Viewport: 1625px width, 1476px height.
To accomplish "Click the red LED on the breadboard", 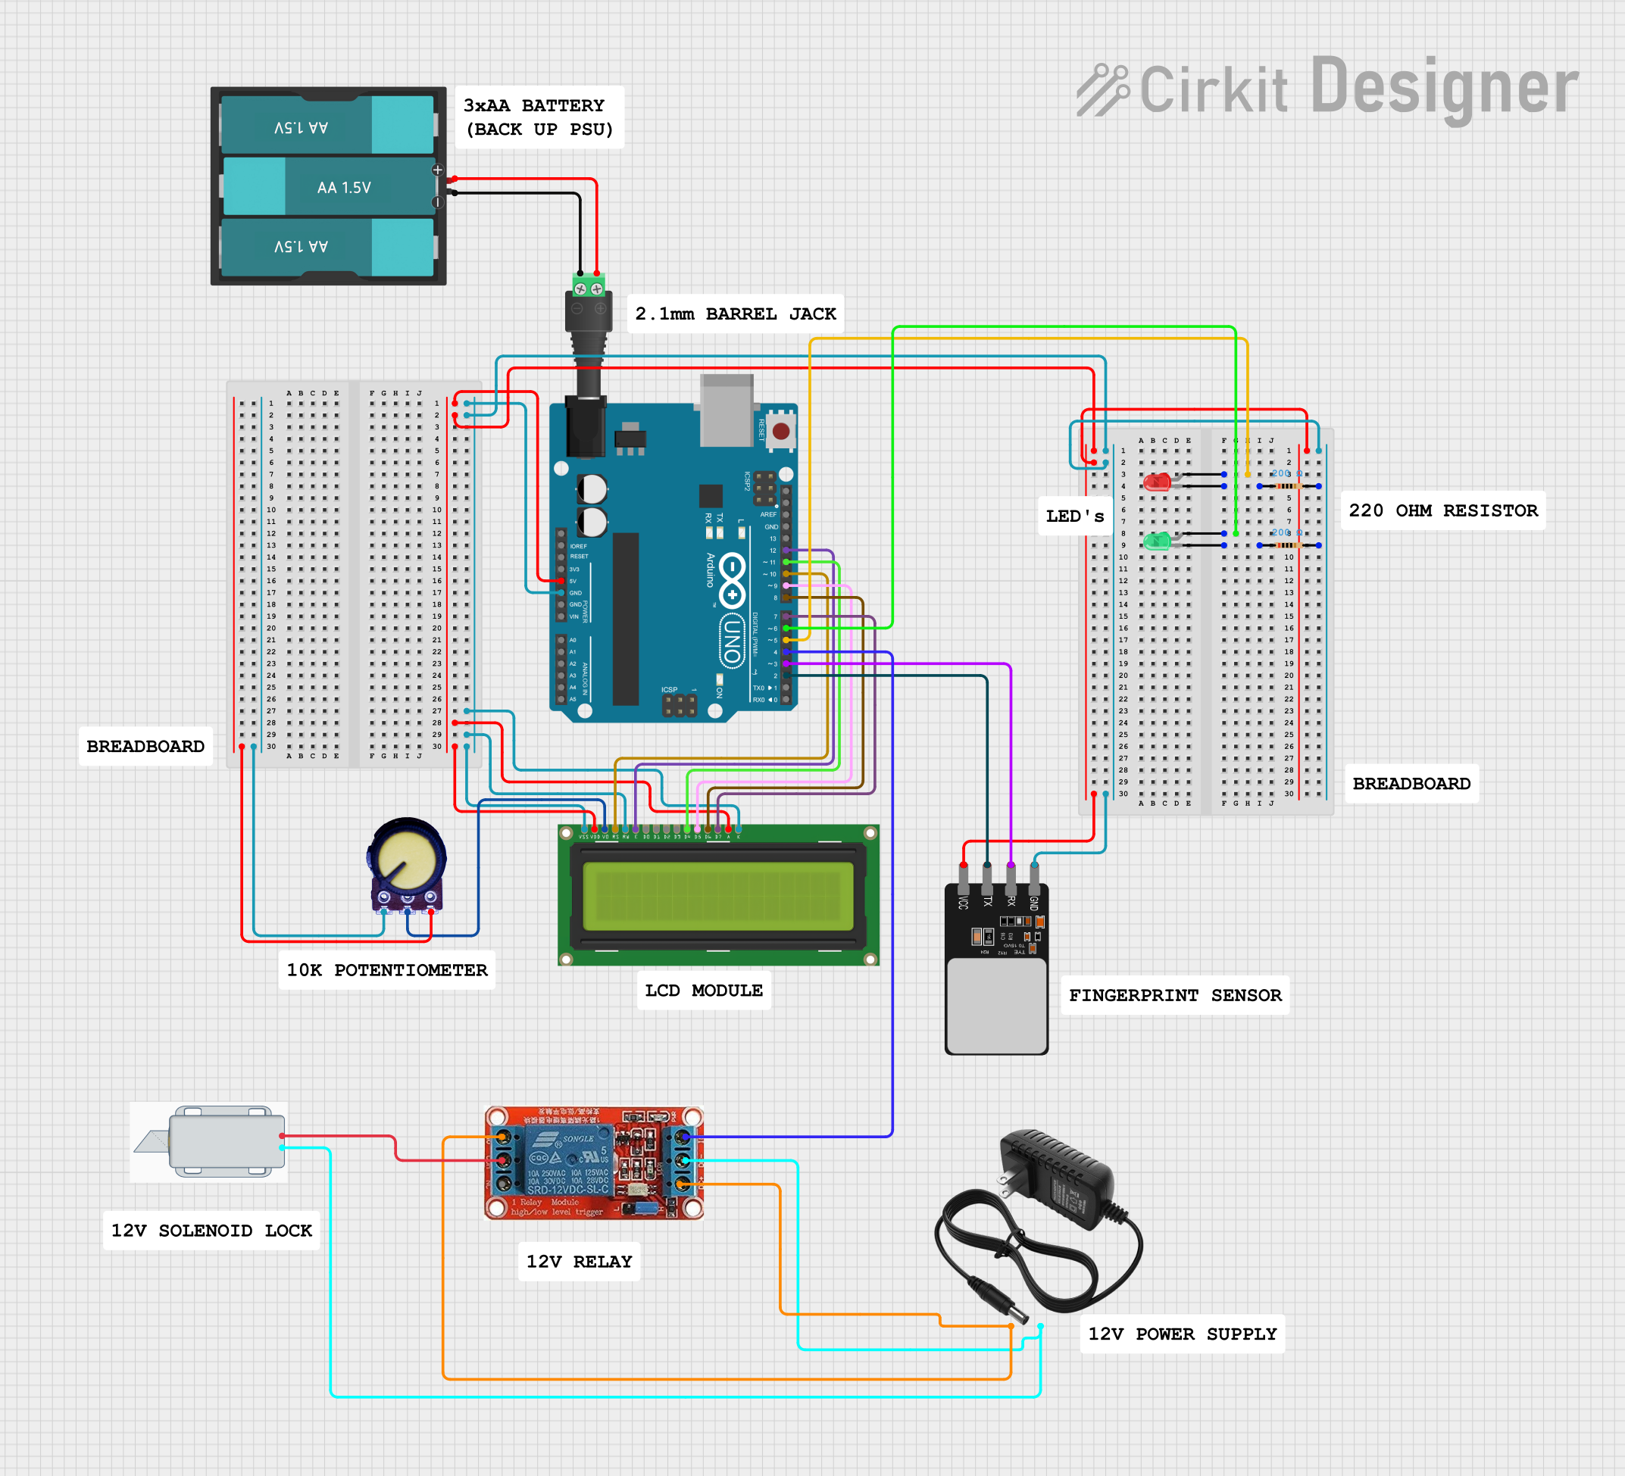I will pos(1157,482).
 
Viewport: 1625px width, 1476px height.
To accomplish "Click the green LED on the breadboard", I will pos(1157,541).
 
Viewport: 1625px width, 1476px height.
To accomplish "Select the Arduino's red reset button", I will pos(780,431).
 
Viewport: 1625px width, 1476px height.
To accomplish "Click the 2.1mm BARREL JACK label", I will pos(735,314).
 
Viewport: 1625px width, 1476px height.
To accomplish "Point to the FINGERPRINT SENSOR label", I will pos(1174,995).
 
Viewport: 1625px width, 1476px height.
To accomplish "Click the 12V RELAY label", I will pos(579,1261).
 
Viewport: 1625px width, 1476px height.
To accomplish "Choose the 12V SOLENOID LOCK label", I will pos(211,1231).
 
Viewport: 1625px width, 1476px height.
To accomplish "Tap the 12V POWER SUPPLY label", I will pos(1182,1334).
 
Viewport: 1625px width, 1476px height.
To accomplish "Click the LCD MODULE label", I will pos(704,990).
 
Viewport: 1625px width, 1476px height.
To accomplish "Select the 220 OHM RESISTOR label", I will pos(1443,510).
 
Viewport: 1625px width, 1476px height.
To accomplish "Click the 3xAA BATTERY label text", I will pos(539,117).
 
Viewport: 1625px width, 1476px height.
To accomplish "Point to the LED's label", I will pos(1074,516).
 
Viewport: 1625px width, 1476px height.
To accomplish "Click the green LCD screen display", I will pos(717,896).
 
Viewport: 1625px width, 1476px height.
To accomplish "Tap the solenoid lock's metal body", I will pos(227,1141).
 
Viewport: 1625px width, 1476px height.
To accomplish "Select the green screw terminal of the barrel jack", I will pos(589,286).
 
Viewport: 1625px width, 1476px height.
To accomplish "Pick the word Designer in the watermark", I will pos(1445,87).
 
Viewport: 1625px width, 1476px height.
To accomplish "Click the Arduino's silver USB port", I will pos(727,410).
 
